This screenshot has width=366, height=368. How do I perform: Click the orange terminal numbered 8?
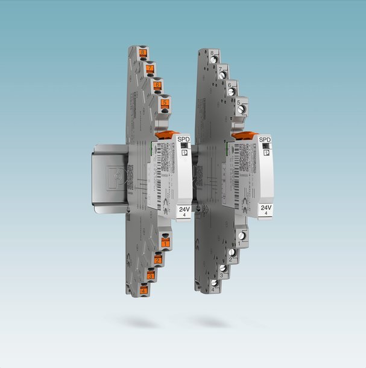(141, 53)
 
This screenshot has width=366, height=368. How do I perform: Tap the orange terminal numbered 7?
(150, 69)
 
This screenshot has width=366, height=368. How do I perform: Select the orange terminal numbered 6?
(157, 86)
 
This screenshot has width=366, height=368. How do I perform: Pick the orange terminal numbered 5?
(165, 103)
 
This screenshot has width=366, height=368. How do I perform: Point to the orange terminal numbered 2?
(157, 260)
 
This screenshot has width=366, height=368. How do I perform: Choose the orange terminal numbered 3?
(150, 276)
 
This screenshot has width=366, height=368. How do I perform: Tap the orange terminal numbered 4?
(143, 291)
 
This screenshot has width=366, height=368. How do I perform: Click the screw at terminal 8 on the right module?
(213, 61)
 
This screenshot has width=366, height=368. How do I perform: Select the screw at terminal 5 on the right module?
(241, 109)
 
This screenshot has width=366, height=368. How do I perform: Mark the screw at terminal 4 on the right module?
(214, 282)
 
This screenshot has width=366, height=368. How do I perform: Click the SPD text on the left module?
(182, 139)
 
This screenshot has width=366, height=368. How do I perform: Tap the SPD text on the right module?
(265, 139)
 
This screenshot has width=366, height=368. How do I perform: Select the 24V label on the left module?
(182, 209)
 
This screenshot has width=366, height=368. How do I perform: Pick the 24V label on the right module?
(265, 209)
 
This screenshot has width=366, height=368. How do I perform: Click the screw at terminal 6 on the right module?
(232, 92)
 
